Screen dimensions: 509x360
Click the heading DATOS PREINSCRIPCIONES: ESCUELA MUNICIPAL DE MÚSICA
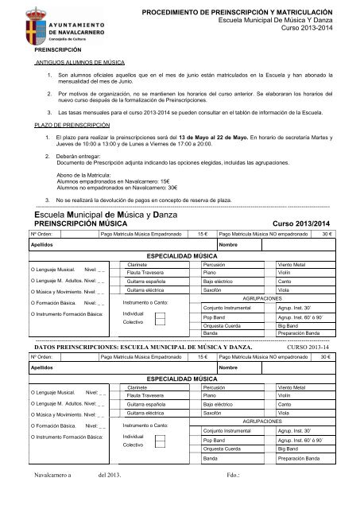click(x=143, y=348)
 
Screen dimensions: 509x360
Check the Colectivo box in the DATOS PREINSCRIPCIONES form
click(x=160, y=446)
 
